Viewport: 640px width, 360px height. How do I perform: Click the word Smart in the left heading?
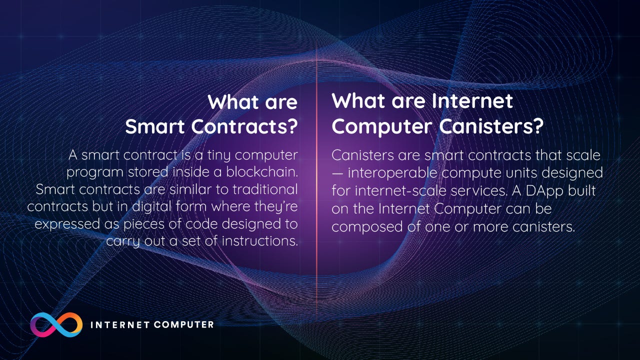tap(155, 126)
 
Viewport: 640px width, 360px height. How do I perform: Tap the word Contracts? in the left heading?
tap(244, 126)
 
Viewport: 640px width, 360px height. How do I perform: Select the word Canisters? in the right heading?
tap(490, 126)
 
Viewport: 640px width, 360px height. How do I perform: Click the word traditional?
tap(265, 189)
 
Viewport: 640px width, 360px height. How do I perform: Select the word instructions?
tap(259, 240)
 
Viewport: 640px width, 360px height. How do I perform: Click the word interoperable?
tap(392, 173)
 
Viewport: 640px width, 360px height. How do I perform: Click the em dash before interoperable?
tap(337, 173)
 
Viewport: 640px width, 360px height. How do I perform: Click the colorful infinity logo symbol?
tap(56, 324)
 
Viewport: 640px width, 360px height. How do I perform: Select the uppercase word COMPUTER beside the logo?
tap(183, 324)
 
